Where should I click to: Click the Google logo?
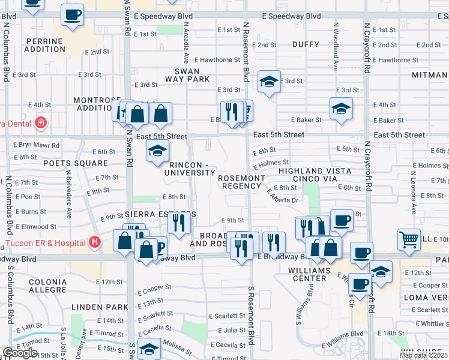click(x=20, y=353)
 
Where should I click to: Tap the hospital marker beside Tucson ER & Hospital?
click(x=94, y=243)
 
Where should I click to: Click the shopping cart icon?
click(x=409, y=239)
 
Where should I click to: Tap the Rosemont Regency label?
click(x=241, y=182)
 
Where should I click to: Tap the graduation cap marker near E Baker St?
click(x=341, y=108)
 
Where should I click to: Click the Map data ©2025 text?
click(x=423, y=355)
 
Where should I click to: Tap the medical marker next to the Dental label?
click(x=41, y=124)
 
